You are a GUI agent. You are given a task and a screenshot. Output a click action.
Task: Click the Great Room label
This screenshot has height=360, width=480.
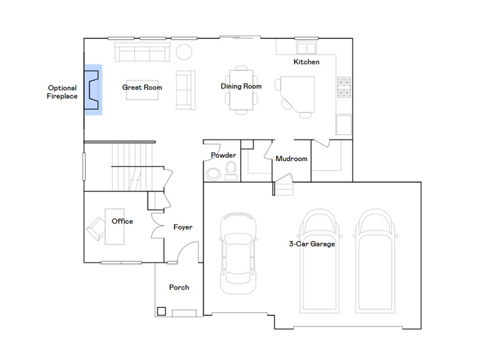pos(142,87)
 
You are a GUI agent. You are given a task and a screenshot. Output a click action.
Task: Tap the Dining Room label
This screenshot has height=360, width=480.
pos(241,86)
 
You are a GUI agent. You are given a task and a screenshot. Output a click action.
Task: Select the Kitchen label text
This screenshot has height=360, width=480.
pos(306,62)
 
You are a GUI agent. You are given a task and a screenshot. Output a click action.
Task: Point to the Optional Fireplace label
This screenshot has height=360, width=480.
pos(62,92)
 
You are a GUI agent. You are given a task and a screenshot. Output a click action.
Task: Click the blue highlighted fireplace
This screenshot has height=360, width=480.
pos(93,90)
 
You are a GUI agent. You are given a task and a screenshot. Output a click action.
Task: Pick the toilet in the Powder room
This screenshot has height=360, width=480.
pos(231,170)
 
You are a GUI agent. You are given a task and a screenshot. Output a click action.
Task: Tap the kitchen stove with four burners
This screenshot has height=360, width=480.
pos(344,88)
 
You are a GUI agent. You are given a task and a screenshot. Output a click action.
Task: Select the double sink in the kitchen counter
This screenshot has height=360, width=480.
pos(307,48)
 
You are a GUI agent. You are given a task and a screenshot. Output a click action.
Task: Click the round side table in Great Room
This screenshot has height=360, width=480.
pos(184,51)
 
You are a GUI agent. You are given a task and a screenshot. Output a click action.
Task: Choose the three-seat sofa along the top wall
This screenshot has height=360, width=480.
pos(142,52)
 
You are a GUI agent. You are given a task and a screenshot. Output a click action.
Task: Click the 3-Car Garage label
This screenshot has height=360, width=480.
pos(312,244)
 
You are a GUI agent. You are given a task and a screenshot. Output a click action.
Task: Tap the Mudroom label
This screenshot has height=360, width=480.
pos(291,159)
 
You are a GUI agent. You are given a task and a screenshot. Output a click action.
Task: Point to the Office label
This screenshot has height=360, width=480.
pos(122,221)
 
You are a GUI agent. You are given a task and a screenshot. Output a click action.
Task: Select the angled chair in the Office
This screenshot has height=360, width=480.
pos(96,228)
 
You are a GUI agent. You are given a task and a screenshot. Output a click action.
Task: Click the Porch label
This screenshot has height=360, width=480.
pos(179,287)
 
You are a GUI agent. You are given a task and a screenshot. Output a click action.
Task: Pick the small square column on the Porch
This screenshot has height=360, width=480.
pos(161,310)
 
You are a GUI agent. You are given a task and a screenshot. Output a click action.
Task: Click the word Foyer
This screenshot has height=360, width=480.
pos(183,227)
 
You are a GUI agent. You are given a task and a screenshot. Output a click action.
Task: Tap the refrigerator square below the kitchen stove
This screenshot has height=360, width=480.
pos(344,125)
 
